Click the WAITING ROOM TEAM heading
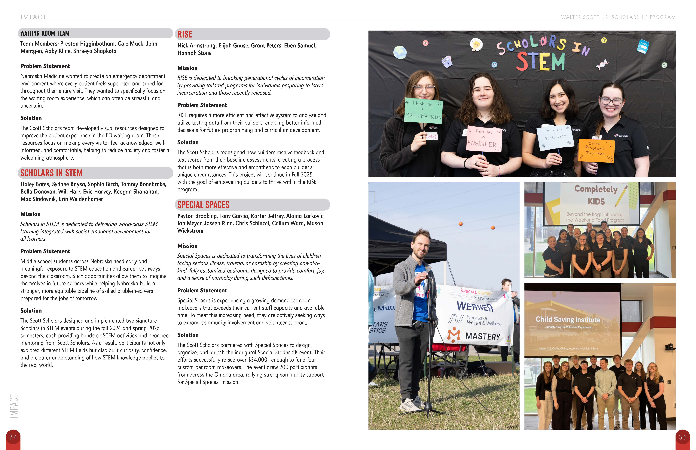[45, 33]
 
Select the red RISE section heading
[185, 34]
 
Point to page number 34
[13, 437]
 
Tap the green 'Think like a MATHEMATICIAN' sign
[423, 111]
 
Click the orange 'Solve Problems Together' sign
[596, 150]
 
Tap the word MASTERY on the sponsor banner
[483, 336]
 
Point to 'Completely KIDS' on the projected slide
[596, 195]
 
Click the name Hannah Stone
[194, 53]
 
